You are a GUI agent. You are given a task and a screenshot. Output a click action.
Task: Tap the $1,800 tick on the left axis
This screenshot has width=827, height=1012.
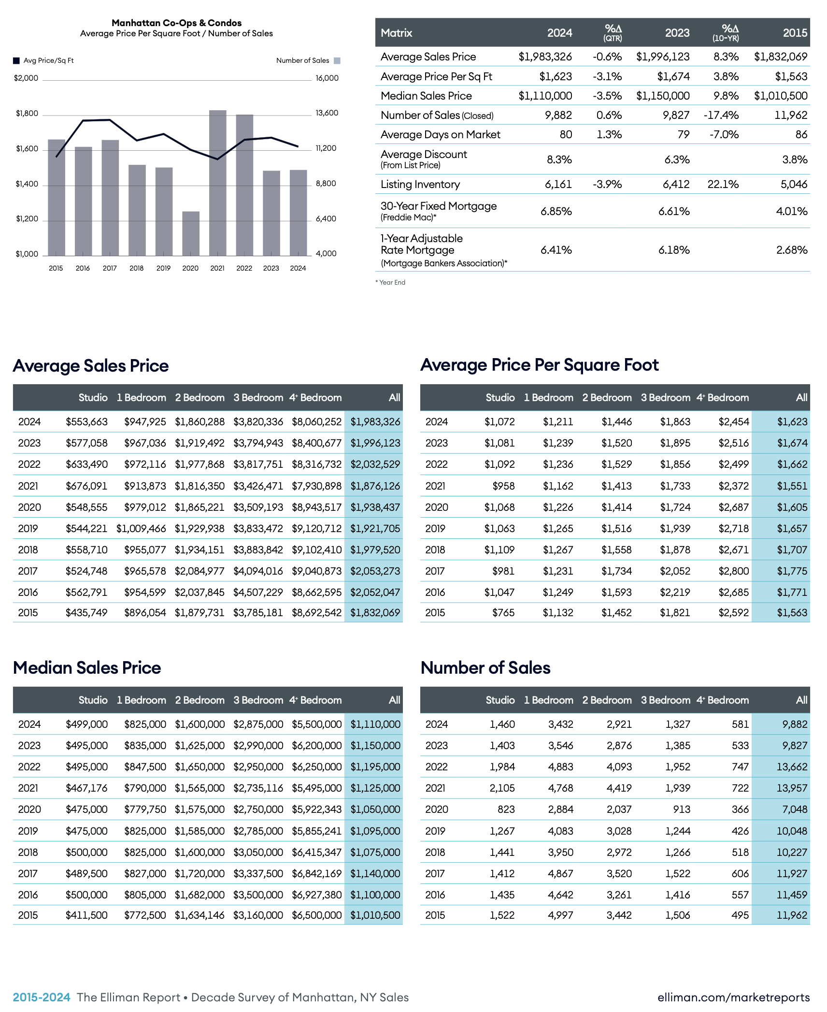(x=27, y=114)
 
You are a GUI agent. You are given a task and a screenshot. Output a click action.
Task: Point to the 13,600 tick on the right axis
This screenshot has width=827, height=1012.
(x=327, y=113)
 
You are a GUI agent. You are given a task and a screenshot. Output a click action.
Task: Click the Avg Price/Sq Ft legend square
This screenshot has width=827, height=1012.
(x=16, y=61)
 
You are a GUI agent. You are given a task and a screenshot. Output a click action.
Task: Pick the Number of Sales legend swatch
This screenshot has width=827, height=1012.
(x=337, y=61)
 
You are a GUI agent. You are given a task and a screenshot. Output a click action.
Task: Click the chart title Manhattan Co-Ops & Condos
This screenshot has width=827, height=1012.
(x=176, y=23)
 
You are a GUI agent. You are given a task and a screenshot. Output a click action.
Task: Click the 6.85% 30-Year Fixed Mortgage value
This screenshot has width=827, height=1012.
(x=556, y=211)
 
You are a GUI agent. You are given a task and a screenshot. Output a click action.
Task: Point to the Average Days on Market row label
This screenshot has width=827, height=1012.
(x=440, y=134)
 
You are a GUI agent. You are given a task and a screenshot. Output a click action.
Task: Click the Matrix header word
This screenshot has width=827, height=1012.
(x=396, y=33)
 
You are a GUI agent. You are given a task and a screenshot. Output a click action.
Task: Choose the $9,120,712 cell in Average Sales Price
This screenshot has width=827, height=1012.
(x=316, y=528)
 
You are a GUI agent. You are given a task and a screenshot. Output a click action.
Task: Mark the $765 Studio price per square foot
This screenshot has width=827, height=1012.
(x=503, y=612)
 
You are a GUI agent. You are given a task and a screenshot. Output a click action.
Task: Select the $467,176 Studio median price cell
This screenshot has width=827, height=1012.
(x=86, y=788)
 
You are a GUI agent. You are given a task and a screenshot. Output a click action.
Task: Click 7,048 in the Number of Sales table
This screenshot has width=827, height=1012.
(x=794, y=809)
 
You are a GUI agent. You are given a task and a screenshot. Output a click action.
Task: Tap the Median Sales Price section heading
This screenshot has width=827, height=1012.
(x=87, y=667)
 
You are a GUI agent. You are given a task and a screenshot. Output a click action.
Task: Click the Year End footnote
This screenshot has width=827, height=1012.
(x=391, y=282)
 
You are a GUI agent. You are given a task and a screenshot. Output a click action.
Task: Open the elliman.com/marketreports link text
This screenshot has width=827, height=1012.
(x=733, y=997)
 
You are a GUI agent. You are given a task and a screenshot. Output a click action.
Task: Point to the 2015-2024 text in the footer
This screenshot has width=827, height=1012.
(x=42, y=997)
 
